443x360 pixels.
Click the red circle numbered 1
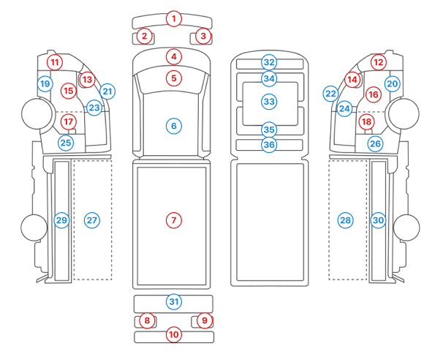(x=173, y=18)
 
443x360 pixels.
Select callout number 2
(x=145, y=35)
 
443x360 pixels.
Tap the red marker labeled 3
(x=203, y=35)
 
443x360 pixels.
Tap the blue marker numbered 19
(x=45, y=84)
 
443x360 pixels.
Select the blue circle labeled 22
(x=330, y=94)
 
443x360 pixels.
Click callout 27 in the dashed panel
(x=91, y=220)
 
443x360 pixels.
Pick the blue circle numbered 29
(x=61, y=220)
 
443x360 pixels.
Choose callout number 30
(x=378, y=220)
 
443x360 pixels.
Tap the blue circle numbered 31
(x=173, y=301)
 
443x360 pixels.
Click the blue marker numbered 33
(x=269, y=101)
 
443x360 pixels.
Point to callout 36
(x=269, y=145)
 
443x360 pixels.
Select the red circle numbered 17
(x=69, y=121)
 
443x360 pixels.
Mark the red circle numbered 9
(x=205, y=320)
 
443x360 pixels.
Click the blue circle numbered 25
(x=66, y=143)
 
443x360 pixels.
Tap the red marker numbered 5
(x=173, y=77)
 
